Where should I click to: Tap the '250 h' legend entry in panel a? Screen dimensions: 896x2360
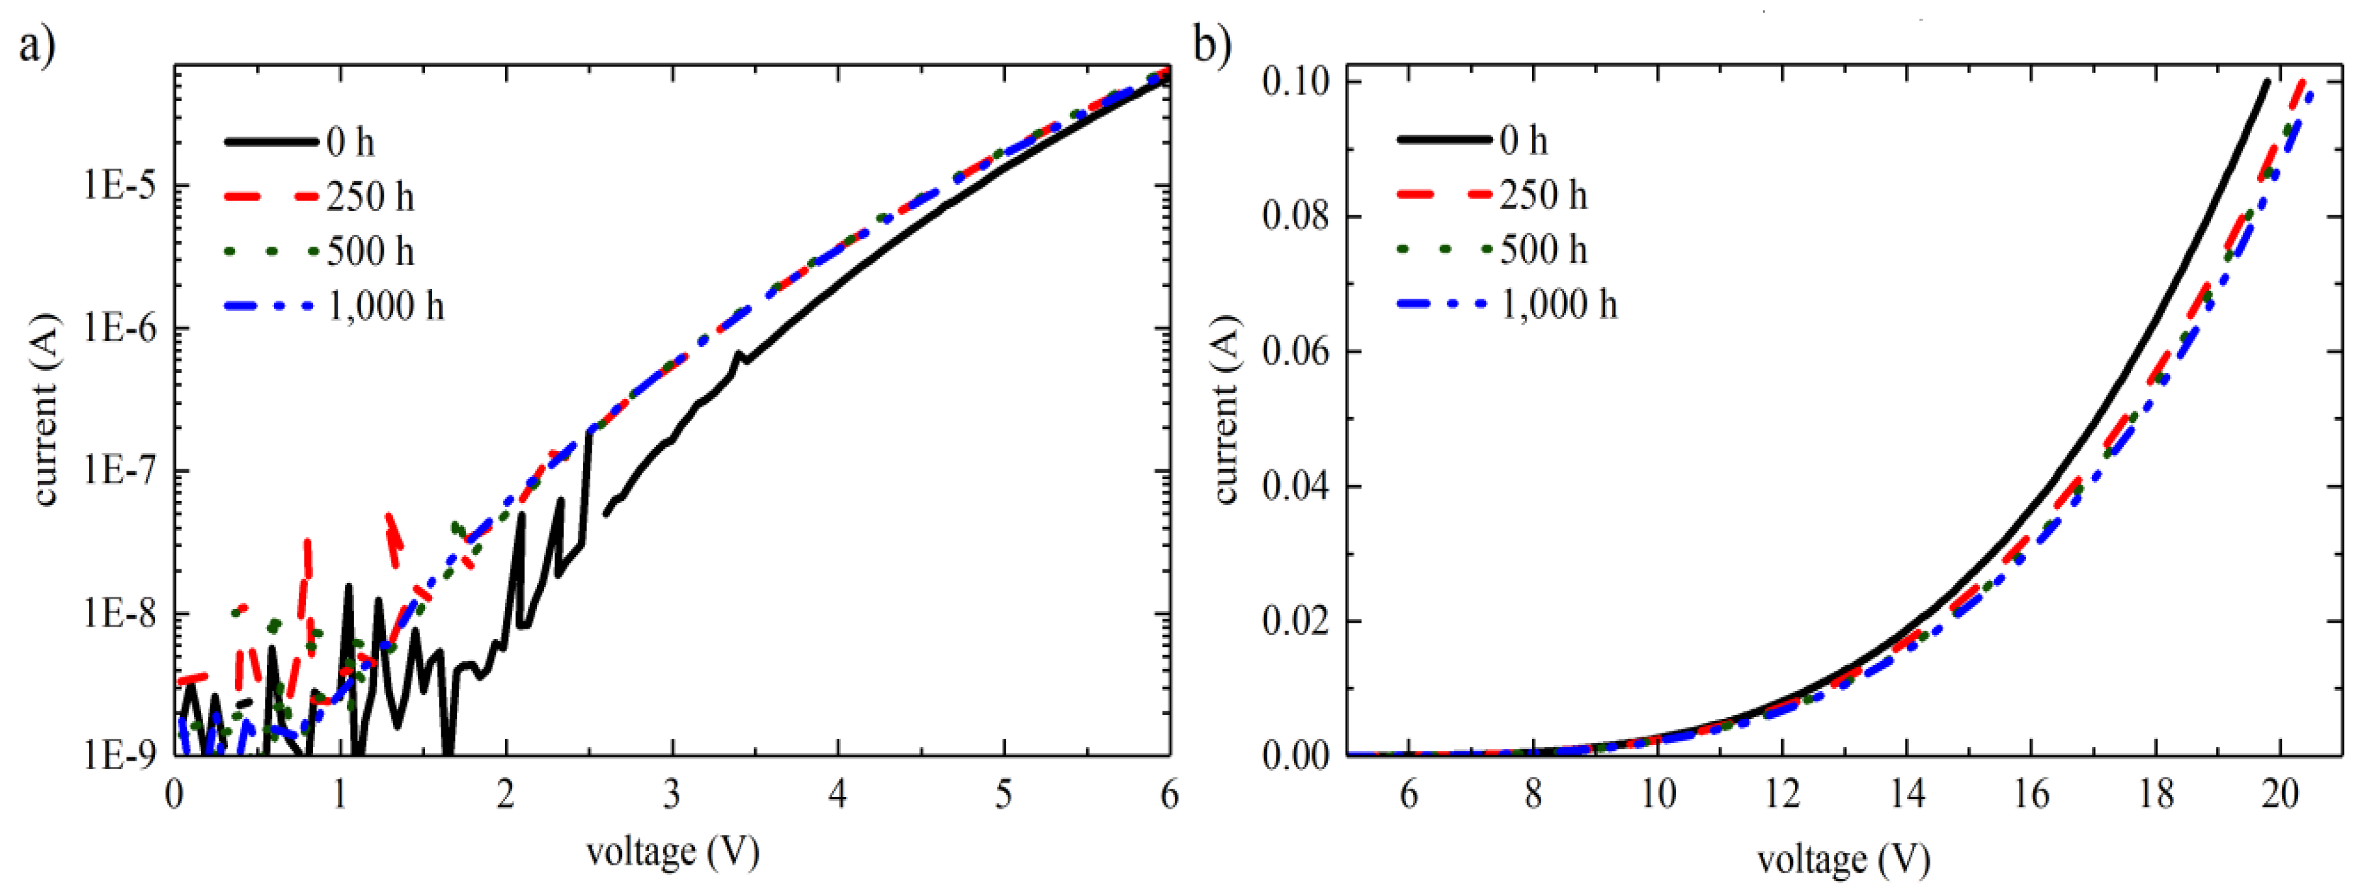(369, 197)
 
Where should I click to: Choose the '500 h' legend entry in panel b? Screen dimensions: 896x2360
(1543, 249)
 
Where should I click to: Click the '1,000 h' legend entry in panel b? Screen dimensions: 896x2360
(1558, 304)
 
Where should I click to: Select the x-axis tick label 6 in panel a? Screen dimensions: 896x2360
(1169, 795)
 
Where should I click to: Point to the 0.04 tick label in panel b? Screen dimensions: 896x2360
(1295, 487)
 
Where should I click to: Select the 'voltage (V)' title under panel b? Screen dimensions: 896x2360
(1843, 860)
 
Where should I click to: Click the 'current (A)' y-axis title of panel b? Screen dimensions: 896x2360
(1227, 409)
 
